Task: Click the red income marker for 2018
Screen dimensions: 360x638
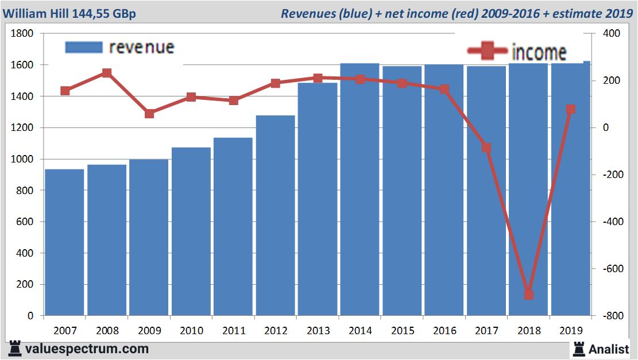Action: tap(529, 295)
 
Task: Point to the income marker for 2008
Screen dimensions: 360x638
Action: tap(107, 73)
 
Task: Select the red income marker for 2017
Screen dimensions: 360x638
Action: tap(486, 148)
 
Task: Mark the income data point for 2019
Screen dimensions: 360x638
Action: tap(571, 109)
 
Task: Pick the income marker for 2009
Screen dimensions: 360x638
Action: tap(149, 114)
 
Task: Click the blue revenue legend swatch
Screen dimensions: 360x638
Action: tap(84, 47)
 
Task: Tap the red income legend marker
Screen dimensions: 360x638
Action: tap(488, 52)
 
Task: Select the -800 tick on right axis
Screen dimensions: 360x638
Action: tap(609, 316)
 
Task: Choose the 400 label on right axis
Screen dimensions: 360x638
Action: tap(611, 34)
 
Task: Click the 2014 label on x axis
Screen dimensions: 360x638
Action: tap(360, 331)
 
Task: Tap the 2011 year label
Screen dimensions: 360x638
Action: tap(234, 331)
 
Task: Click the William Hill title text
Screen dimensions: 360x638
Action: tap(69, 13)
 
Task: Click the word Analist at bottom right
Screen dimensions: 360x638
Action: tap(609, 349)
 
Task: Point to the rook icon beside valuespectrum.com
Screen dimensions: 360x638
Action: tap(16, 348)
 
